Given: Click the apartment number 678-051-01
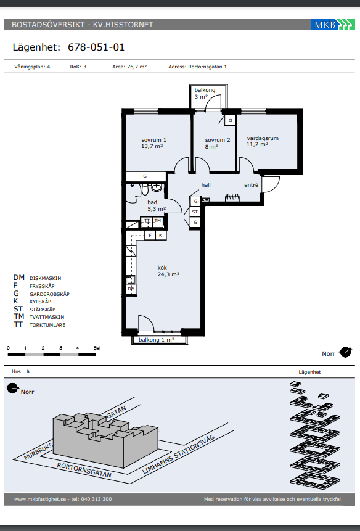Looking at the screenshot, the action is [96, 47].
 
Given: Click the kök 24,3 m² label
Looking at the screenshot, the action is [168, 271].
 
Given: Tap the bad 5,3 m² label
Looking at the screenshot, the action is [157, 205].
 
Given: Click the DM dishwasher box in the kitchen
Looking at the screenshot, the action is [131, 289].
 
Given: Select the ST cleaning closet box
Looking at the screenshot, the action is [195, 212].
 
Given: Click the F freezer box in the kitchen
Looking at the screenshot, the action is [150, 236].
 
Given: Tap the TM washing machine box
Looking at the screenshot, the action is [158, 221].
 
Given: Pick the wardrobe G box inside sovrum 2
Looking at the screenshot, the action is [230, 120].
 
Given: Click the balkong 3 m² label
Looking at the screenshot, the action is [205, 94].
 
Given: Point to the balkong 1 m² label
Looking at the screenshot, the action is [157, 340].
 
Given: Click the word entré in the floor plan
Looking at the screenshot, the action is [252, 185].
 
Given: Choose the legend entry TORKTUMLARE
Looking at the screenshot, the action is [47, 325].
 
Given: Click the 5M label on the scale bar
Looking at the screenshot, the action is [96, 348].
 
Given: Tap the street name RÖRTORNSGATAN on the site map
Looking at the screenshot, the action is [84, 470].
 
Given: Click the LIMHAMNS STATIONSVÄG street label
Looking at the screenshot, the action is [179, 455].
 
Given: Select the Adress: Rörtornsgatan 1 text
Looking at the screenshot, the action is [198, 67].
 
